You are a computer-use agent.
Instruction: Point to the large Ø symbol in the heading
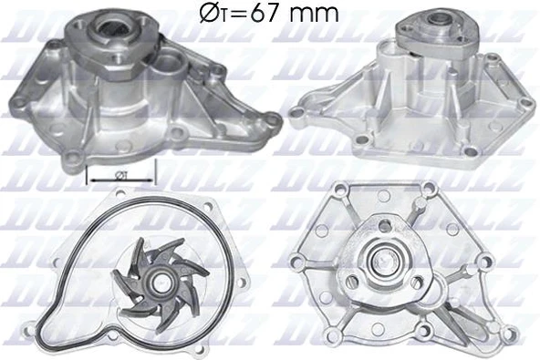[206, 13]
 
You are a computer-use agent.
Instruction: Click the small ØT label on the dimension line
[122, 170]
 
